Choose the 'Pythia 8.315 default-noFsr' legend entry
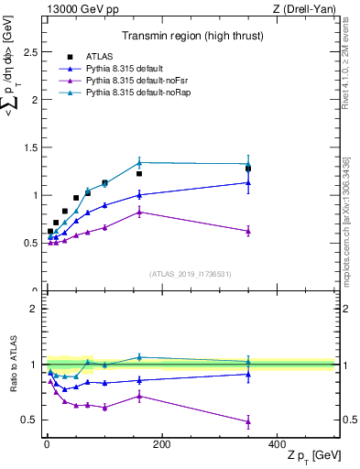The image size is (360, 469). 133,82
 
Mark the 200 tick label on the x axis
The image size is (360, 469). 161,444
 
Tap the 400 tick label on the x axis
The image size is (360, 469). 277,444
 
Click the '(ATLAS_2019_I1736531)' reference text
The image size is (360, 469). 191,274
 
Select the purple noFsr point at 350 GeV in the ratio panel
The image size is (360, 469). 248,421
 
